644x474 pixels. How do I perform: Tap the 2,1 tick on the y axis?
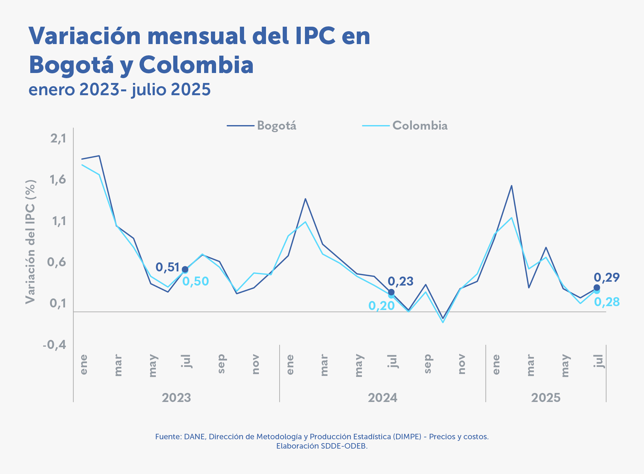coord(58,138)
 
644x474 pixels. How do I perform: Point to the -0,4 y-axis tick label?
coord(55,345)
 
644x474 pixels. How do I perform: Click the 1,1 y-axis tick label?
coord(58,221)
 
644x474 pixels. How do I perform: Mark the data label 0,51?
coord(167,267)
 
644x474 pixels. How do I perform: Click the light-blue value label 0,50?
coord(195,281)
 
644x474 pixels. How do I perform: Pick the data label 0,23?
coord(400,281)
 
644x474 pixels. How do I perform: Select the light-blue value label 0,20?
coord(382,306)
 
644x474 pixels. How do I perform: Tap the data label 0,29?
coord(606,277)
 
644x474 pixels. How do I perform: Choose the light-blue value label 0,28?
coord(607,302)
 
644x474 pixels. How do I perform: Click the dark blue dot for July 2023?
coord(185,269)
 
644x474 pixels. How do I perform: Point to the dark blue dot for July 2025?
coord(597,287)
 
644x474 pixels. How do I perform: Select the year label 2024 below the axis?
coord(383,398)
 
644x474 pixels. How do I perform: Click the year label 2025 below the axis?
coord(546,398)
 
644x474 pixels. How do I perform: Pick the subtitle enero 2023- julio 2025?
coord(119,89)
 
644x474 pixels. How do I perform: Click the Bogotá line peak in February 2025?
coord(511,186)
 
